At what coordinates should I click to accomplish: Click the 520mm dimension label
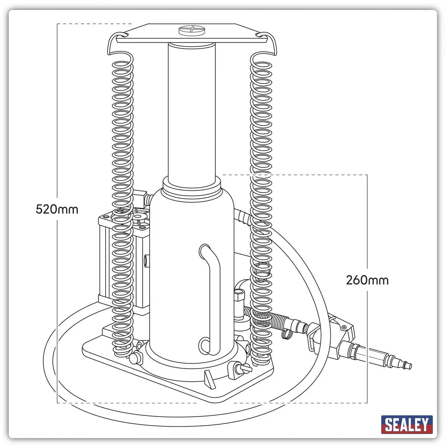coord(57,209)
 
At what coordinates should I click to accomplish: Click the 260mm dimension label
coord(367,279)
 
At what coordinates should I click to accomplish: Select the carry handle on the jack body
coord(209,297)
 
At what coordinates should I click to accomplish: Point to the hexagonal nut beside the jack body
coord(237,296)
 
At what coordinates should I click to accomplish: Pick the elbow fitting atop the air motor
coord(140,196)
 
